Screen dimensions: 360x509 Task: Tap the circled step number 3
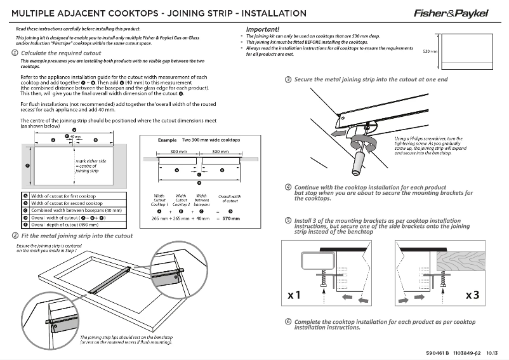tap(288, 79)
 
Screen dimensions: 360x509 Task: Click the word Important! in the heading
tap(262, 29)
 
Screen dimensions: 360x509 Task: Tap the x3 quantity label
tap(472, 295)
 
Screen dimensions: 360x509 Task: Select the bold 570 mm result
tap(230, 218)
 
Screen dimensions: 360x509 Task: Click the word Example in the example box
tap(166, 139)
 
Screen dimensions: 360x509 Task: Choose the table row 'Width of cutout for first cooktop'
tap(63, 197)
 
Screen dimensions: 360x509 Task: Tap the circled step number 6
tap(288, 323)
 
